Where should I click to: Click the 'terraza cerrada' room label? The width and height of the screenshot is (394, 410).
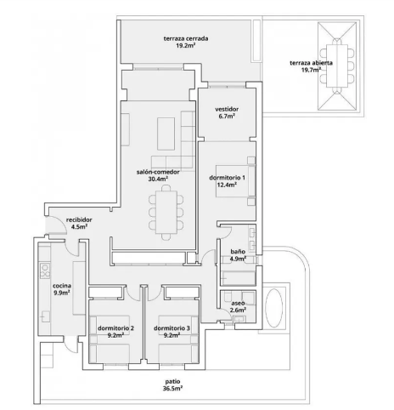pyautogui.click(x=186, y=38)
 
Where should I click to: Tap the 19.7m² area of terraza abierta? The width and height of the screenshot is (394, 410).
pyautogui.click(x=311, y=70)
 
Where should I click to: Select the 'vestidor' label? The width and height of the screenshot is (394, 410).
pyautogui.click(x=227, y=109)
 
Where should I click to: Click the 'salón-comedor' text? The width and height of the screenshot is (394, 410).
pyautogui.click(x=158, y=172)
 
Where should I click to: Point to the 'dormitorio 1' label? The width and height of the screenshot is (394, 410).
pyautogui.click(x=227, y=178)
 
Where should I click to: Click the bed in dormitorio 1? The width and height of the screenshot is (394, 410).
pyautogui.click(x=236, y=181)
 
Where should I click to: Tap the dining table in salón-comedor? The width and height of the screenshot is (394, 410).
pyautogui.click(x=166, y=212)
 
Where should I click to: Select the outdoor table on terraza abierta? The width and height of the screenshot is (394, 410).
pyautogui.click(x=337, y=66)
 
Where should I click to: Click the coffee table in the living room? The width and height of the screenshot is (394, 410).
pyautogui.click(x=166, y=134)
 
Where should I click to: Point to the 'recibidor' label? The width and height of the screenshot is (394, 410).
pyautogui.click(x=79, y=219)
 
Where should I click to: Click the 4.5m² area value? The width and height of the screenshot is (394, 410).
pyautogui.click(x=79, y=227)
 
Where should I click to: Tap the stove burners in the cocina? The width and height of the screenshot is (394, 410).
pyautogui.click(x=45, y=270)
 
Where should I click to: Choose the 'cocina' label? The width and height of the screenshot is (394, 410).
pyautogui.click(x=62, y=286)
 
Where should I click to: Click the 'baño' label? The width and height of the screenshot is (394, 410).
pyautogui.click(x=238, y=252)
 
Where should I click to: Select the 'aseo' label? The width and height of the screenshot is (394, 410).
pyautogui.click(x=238, y=303)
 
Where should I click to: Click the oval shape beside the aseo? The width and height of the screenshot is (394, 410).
pyautogui.click(x=273, y=308)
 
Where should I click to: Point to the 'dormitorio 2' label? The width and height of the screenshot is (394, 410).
pyautogui.click(x=115, y=328)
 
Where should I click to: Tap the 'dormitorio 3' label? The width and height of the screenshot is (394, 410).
pyautogui.click(x=172, y=328)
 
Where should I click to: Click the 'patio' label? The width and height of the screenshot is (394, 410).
pyautogui.click(x=172, y=381)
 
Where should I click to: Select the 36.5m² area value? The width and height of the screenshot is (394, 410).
pyautogui.click(x=172, y=389)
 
